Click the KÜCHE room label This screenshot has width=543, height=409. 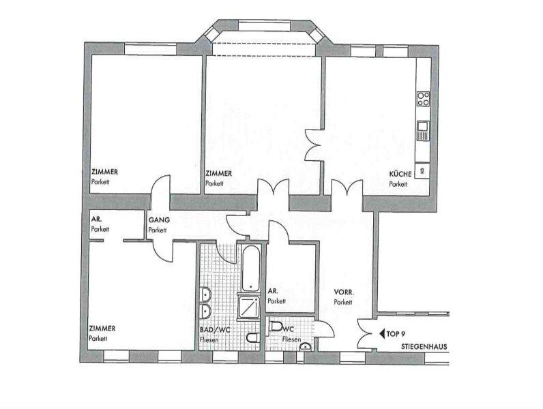pos(400,174)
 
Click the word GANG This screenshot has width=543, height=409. pos(158,221)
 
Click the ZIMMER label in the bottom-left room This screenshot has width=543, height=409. pos(102,329)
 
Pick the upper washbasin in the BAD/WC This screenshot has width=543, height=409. pos(205,294)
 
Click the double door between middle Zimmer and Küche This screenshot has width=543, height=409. pos(315,145)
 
